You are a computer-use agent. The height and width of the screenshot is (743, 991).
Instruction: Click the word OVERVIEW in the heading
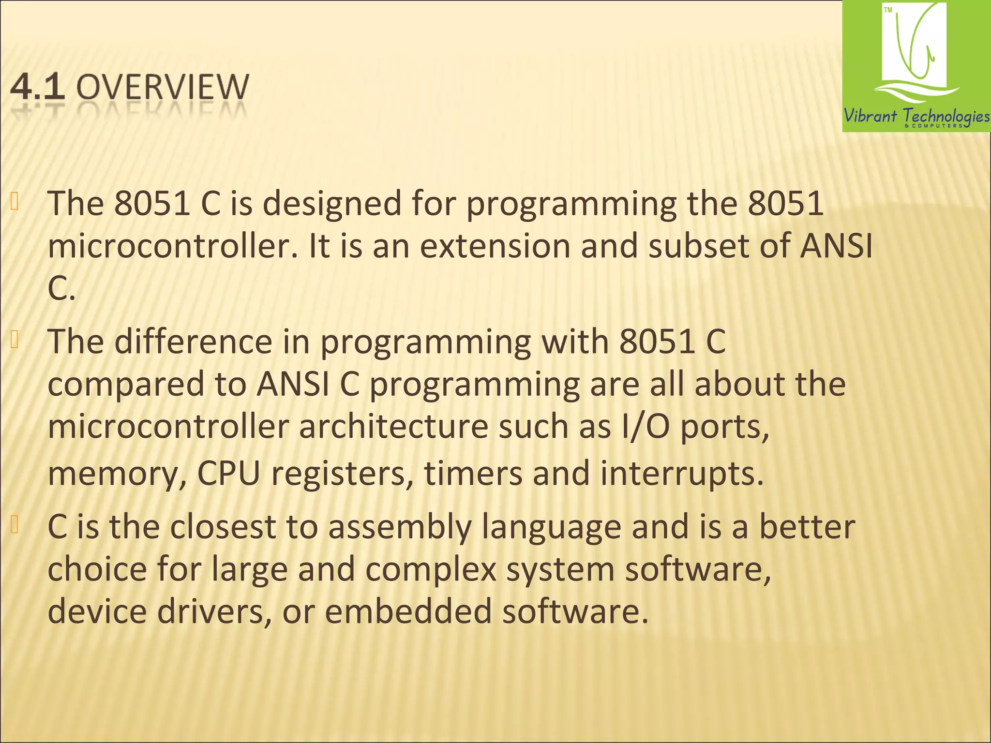(x=163, y=87)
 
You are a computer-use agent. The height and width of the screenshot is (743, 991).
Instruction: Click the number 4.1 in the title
(x=38, y=87)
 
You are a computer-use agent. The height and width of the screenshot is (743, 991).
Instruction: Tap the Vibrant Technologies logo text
(x=916, y=116)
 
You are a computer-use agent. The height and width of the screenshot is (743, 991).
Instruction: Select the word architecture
(x=393, y=427)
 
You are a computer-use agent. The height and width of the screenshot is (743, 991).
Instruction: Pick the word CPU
(x=228, y=474)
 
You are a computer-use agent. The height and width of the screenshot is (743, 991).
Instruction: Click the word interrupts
(x=682, y=474)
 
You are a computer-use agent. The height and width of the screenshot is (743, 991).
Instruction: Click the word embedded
(x=408, y=611)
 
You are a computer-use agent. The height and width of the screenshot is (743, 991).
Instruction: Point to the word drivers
(x=214, y=611)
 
